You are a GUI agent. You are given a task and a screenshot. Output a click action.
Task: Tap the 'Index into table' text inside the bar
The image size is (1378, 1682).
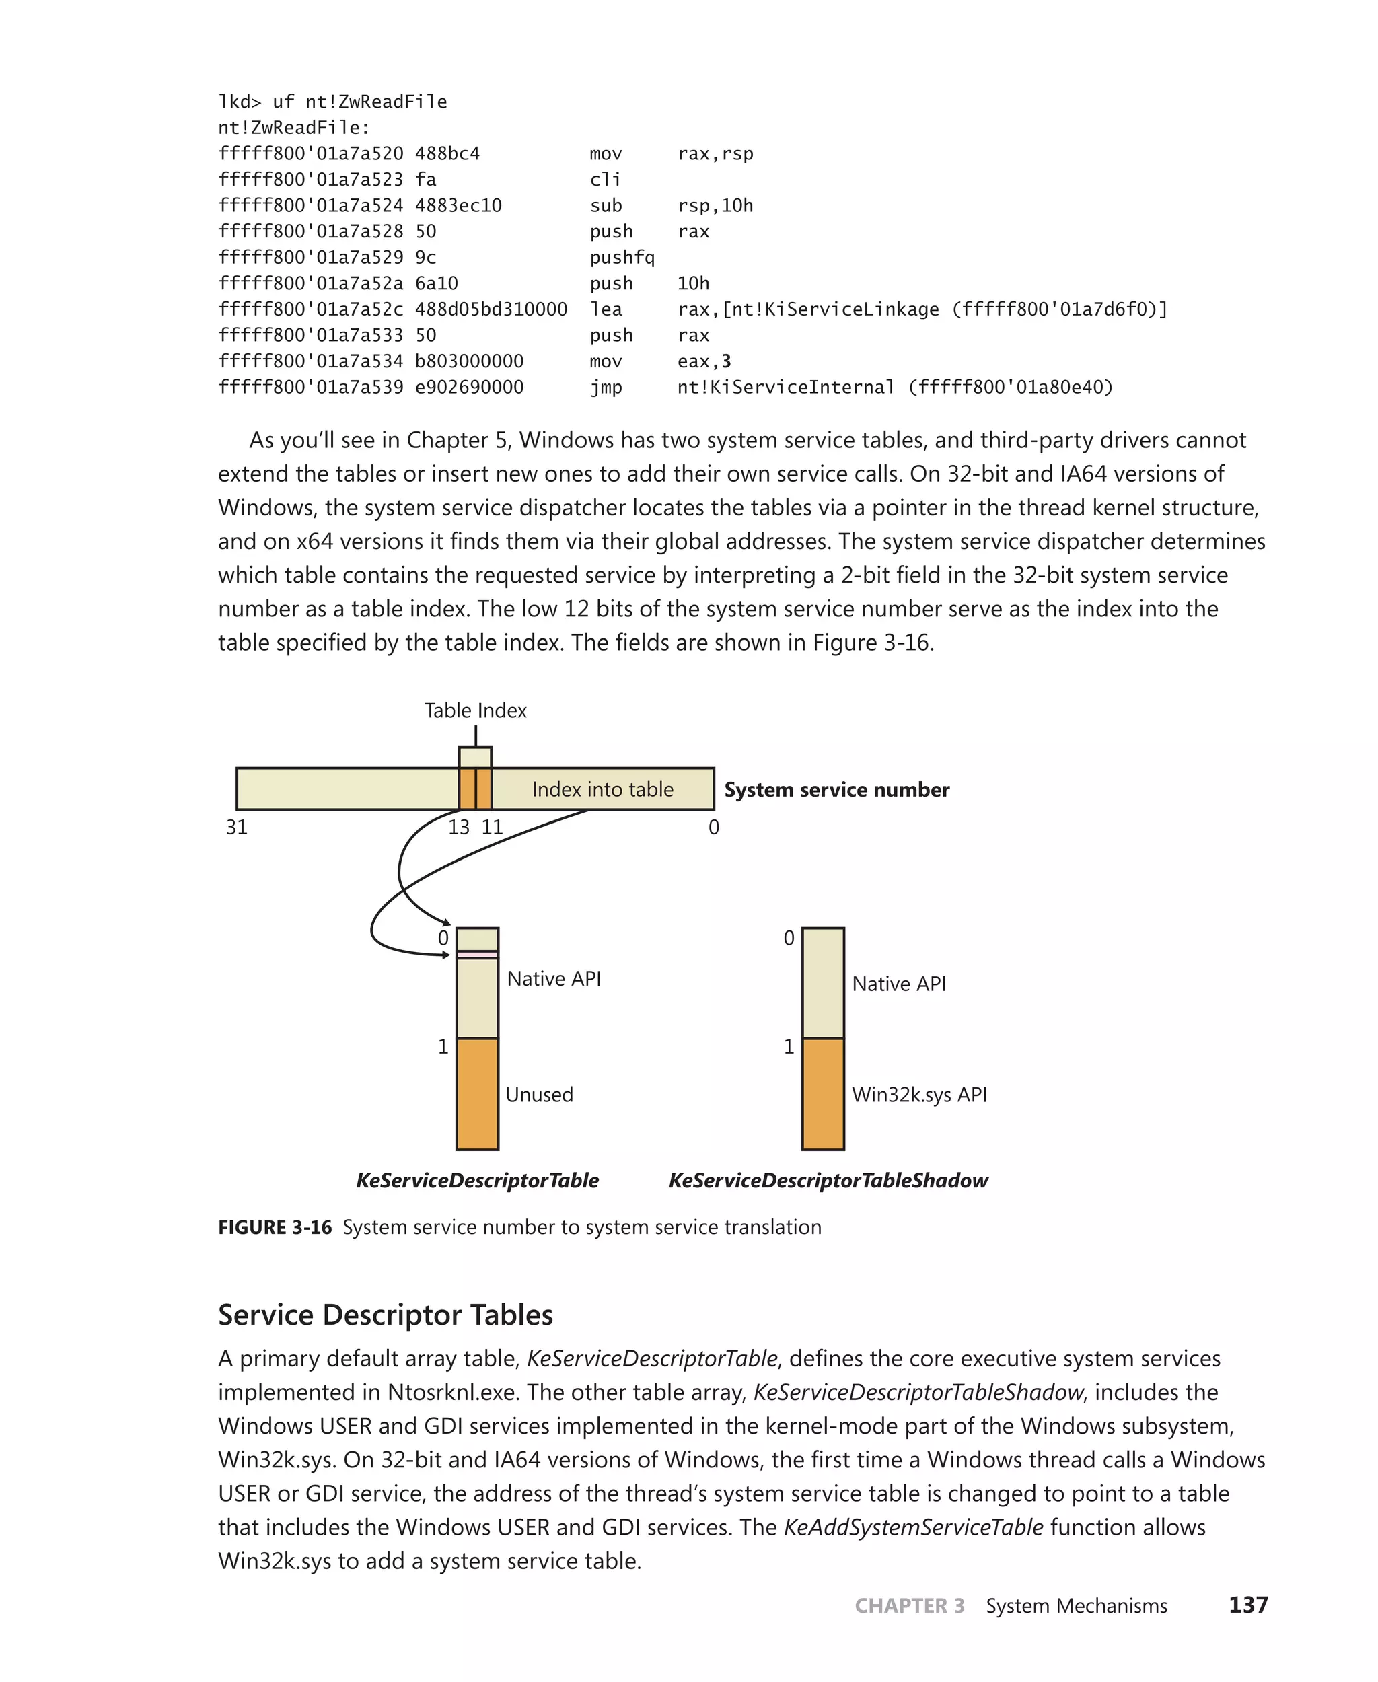(x=602, y=789)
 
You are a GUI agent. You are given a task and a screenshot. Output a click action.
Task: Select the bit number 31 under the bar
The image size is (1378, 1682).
(x=237, y=827)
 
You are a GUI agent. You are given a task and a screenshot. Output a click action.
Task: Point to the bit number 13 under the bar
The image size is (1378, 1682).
(x=458, y=827)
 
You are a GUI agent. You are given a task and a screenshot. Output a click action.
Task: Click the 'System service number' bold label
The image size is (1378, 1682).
(x=836, y=790)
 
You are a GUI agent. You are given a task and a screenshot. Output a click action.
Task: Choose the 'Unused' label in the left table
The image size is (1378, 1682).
(x=539, y=1095)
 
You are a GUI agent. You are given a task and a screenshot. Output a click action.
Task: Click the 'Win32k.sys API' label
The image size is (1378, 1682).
(x=919, y=1095)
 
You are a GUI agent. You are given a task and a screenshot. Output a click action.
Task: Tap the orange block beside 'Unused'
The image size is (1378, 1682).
(x=477, y=1094)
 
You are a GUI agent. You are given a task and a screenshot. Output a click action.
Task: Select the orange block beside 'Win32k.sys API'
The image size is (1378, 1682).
(x=822, y=1094)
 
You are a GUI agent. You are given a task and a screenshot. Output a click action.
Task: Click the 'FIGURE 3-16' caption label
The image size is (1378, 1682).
(x=275, y=1227)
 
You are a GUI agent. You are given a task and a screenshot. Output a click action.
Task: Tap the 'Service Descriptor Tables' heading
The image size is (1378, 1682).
(x=385, y=1315)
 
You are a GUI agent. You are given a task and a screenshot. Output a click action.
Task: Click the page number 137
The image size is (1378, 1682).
(x=1248, y=1605)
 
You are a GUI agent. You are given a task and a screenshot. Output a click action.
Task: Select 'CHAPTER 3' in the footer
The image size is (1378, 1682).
(x=909, y=1606)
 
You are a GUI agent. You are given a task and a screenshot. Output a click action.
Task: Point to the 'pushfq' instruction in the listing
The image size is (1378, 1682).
(x=622, y=257)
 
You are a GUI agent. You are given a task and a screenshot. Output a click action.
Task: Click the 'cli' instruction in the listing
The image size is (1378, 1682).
(x=605, y=180)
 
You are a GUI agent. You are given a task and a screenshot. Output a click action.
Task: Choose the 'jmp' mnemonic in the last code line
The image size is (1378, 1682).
(x=606, y=388)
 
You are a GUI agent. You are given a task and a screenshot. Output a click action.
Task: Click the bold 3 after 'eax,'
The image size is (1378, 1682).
(x=726, y=362)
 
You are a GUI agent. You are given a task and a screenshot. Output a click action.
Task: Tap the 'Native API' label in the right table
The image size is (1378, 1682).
(x=898, y=984)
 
